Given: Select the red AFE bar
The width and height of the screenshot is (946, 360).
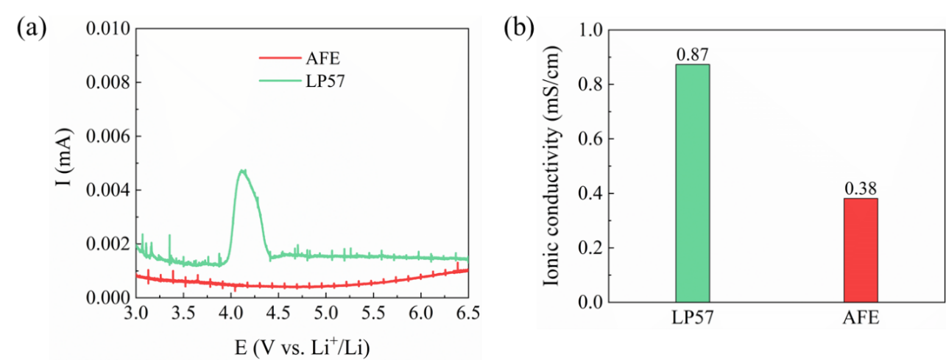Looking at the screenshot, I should (x=860, y=250).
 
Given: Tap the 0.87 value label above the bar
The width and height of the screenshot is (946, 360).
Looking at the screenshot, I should (x=692, y=54).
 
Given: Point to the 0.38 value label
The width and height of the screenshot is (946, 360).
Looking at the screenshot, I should (x=860, y=188).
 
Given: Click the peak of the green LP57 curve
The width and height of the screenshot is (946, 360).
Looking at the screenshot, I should (x=242, y=171).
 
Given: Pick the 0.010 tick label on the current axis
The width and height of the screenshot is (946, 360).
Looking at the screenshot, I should (x=108, y=29).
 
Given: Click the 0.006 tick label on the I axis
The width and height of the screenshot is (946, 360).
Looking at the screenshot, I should (x=108, y=137).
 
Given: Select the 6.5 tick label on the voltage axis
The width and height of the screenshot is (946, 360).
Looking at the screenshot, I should (x=467, y=312).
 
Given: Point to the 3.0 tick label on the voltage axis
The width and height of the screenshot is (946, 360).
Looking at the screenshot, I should (x=136, y=312).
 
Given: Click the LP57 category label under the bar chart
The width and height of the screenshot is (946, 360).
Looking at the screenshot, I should (x=692, y=318).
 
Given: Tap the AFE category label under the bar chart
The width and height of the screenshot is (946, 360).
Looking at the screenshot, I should (x=860, y=318).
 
